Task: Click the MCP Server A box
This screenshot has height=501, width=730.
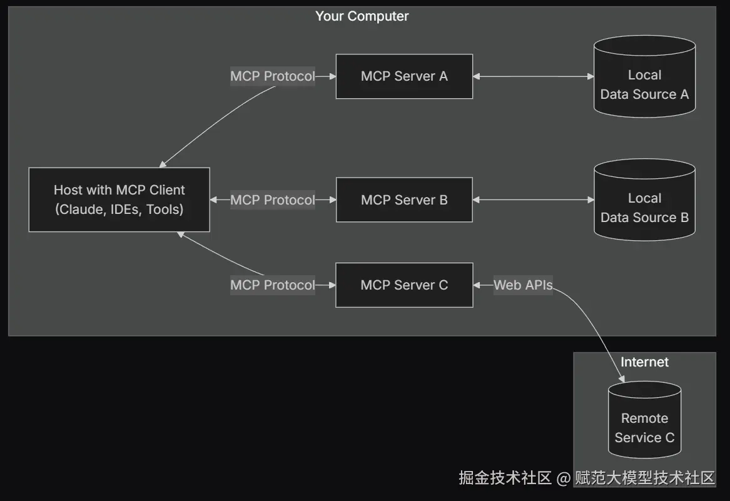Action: pyautogui.click(x=404, y=76)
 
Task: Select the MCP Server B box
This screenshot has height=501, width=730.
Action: pyautogui.click(x=404, y=200)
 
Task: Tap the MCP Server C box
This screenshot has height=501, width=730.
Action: pyautogui.click(x=404, y=285)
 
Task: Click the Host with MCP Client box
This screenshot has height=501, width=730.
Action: pyautogui.click(x=119, y=200)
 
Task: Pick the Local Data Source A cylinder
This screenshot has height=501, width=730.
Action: pyautogui.click(x=644, y=76)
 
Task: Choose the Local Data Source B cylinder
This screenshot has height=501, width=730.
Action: pyautogui.click(x=644, y=200)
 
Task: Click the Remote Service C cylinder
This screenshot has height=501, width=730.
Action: pyautogui.click(x=644, y=420)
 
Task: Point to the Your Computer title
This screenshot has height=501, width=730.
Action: pyautogui.click(x=362, y=16)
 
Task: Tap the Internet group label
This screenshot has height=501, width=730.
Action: pyautogui.click(x=644, y=362)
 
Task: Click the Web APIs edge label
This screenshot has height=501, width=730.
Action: pyautogui.click(x=523, y=285)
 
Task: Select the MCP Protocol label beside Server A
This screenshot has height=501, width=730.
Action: pyautogui.click(x=272, y=76)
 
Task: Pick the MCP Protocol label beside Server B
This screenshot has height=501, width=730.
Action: pyautogui.click(x=272, y=200)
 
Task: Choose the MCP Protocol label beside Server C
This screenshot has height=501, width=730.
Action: pyautogui.click(x=272, y=285)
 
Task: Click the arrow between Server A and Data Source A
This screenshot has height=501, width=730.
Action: pyautogui.click(x=534, y=76)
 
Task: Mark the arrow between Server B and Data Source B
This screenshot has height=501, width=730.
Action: pyautogui.click(x=534, y=200)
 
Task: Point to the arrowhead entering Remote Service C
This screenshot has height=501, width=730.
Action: pyautogui.click(x=622, y=378)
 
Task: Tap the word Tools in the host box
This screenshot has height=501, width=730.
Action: pyautogui.click(x=163, y=210)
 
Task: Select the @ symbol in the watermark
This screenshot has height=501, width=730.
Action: pyautogui.click(x=564, y=478)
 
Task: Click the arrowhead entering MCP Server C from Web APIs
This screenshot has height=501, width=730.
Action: pyautogui.click(x=476, y=285)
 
